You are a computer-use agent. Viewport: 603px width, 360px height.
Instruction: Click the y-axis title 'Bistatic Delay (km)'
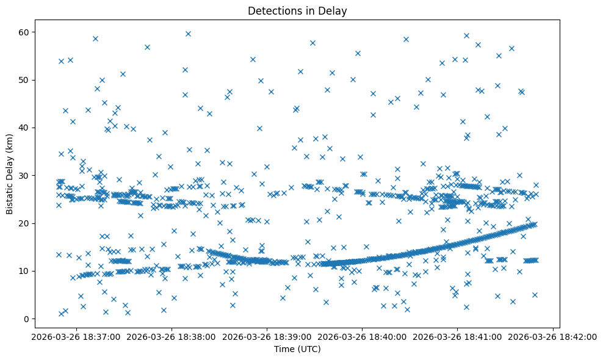point(10,174)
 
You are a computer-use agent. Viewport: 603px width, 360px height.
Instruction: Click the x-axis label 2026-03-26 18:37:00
point(76,336)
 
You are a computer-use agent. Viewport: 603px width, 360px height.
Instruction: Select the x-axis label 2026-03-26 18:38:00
point(172,336)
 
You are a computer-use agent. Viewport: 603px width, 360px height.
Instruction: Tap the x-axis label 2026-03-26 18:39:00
point(267,336)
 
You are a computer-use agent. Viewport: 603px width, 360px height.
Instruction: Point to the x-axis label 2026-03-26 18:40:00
point(363,336)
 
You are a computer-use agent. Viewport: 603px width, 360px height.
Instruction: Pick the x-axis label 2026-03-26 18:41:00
point(458,336)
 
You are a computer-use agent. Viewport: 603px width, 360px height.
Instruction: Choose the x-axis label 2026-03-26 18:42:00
point(553,336)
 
